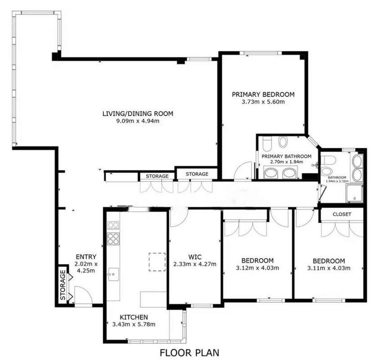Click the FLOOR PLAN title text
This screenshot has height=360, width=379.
[x=190, y=352]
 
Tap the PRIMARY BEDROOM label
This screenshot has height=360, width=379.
[x=263, y=94]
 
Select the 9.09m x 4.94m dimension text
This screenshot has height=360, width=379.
[x=138, y=121]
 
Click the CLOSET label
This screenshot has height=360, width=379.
[x=342, y=214]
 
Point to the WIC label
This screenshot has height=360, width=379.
[x=195, y=257]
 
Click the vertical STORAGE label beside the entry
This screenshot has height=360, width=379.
[x=63, y=285]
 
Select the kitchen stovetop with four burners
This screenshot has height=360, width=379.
[x=113, y=238]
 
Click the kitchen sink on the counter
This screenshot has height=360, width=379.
[x=113, y=274]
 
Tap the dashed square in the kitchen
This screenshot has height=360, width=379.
[x=157, y=262]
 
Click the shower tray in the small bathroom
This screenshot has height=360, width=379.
[x=354, y=193]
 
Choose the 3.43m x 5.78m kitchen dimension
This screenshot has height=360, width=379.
[x=134, y=324]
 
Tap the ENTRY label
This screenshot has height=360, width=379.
[x=86, y=256]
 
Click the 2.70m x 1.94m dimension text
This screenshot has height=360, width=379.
[x=286, y=162]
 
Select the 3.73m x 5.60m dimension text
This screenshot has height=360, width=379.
[x=263, y=102]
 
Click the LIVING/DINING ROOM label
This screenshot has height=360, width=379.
[x=138, y=113]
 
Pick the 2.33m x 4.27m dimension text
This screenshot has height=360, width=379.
[x=195, y=264]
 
